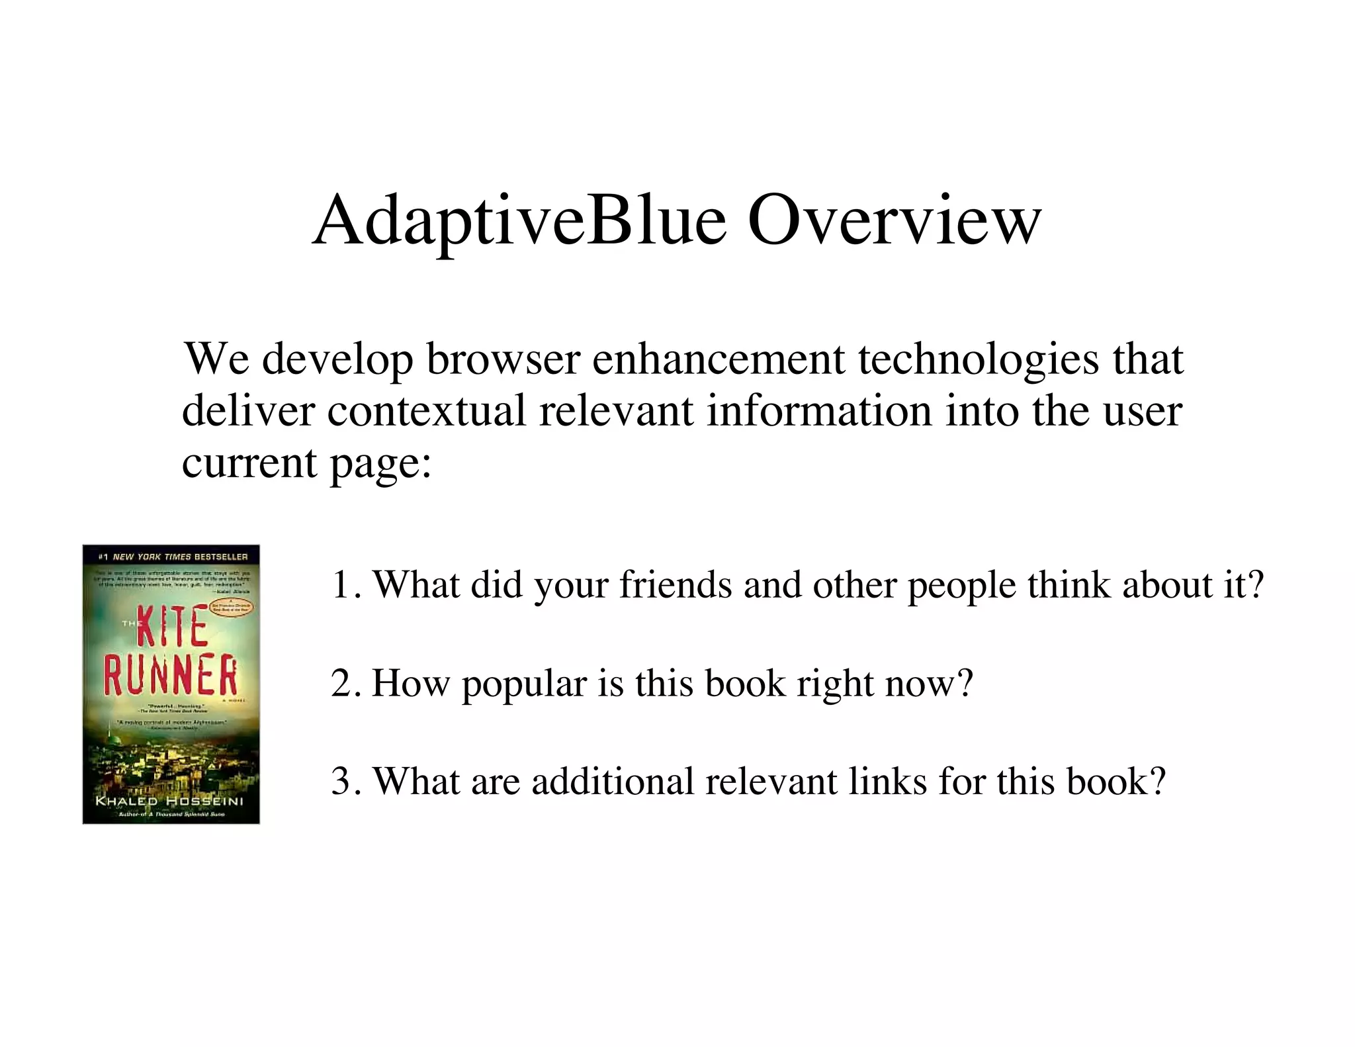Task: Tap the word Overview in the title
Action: [x=894, y=220]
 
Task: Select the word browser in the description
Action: [x=503, y=359]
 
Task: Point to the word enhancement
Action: [x=719, y=359]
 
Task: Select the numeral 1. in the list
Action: [x=346, y=585]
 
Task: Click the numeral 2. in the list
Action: [x=346, y=684]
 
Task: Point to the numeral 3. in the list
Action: [x=346, y=782]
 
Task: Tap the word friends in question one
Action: [x=676, y=585]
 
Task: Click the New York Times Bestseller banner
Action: [x=172, y=557]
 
